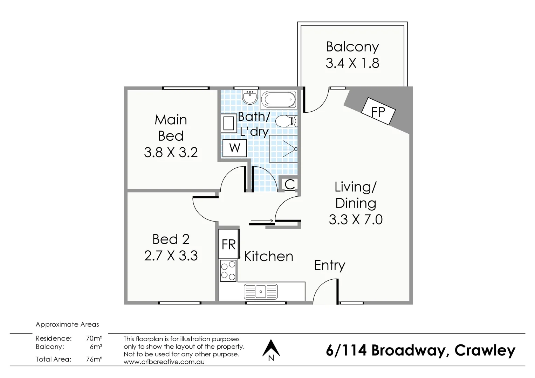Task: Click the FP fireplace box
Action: coord(378,111)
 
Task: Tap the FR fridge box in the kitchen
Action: coord(228,244)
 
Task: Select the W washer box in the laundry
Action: coord(235,148)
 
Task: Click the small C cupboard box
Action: coord(289,184)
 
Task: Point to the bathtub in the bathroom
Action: coord(279,99)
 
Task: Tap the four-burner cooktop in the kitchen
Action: coord(228,271)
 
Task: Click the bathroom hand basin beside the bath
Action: coord(250,97)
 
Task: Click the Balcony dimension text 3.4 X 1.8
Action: coord(352,63)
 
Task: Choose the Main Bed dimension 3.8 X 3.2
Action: coord(171,152)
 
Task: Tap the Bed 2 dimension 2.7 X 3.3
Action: coord(171,256)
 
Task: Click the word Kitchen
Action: coord(268,257)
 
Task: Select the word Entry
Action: coord(329,265)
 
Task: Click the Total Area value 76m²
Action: coord(94,359)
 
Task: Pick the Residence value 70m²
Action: coord(94,338)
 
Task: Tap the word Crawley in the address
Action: coord(485,350)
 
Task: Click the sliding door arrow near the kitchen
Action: coord(262,221)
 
